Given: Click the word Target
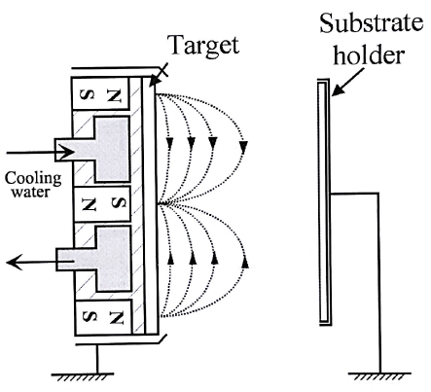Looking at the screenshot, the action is pyautogui.click(x=204, y=46).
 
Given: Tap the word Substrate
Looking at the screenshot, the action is pyautogui.click(x=372, y=23).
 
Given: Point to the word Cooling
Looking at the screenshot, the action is pyautogui.click(x=33, y=179).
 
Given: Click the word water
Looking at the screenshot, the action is pyautogui.click(x=31, y=192).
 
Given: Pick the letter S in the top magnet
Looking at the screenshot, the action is pyautogui.click(x=89, y=94).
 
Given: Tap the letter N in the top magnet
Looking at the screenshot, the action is pyautogui.click(x=114, y=94).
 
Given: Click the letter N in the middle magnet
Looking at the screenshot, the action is pyautogui.click(x=90, y=204).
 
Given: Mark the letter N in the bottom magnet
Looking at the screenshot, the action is pyautogui.click(x=117, y=318).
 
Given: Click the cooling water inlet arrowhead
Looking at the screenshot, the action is pyautogui.click(x=68, y=152).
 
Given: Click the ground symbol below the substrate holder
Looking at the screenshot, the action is pyautogui.click(x=379, y=376).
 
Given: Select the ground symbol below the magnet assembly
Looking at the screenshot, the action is pyautogui.click(x=83, y=377).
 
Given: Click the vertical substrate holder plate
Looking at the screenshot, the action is pyautogui.click(x=325, y=201).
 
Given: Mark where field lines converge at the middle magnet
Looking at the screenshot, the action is pyautogui.click(x=162, y=204).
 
